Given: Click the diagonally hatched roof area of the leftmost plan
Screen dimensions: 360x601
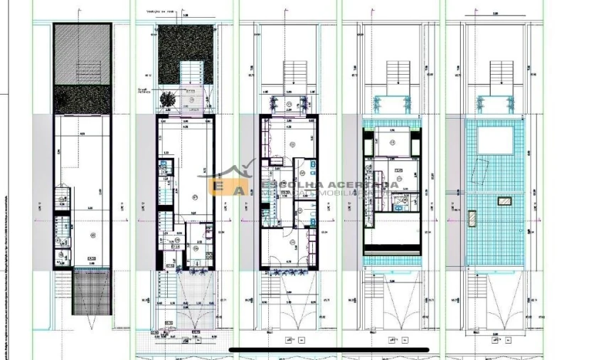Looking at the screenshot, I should coord(82,54).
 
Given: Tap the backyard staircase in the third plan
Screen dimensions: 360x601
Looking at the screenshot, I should coord(293,74).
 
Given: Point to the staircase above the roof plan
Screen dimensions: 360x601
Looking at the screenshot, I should coord(501,75).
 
